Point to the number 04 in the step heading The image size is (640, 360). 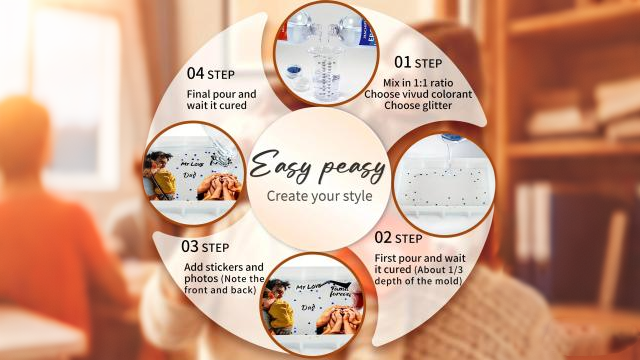(195, 73)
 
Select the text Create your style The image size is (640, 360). (319, 196)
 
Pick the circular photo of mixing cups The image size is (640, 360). (325, 54)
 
